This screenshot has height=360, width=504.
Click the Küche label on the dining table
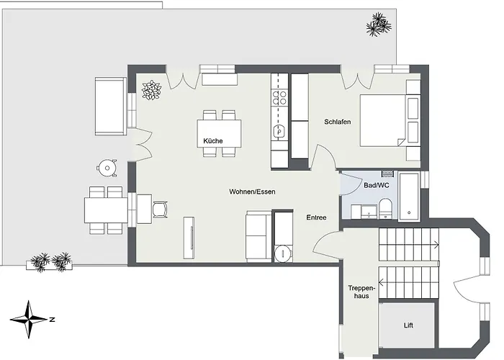click(212, 141)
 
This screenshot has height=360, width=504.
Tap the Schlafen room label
click(337, 122)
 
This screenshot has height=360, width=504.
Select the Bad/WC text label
click(377, 185)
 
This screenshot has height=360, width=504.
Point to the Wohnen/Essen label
click(252, 192)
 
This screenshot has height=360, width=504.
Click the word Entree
click(316, 217)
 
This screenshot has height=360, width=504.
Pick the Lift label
click(408, 325)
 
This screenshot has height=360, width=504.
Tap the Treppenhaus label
click(361, 292)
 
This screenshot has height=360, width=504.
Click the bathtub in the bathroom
click(412, 195)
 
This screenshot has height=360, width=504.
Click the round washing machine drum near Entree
click(284, 253)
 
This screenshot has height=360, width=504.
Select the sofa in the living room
click(258, 235)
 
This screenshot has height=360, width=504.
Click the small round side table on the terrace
click(107, 168)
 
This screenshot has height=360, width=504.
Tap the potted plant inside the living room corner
click(151, 90)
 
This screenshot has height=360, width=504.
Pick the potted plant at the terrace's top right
click(378, 25)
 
